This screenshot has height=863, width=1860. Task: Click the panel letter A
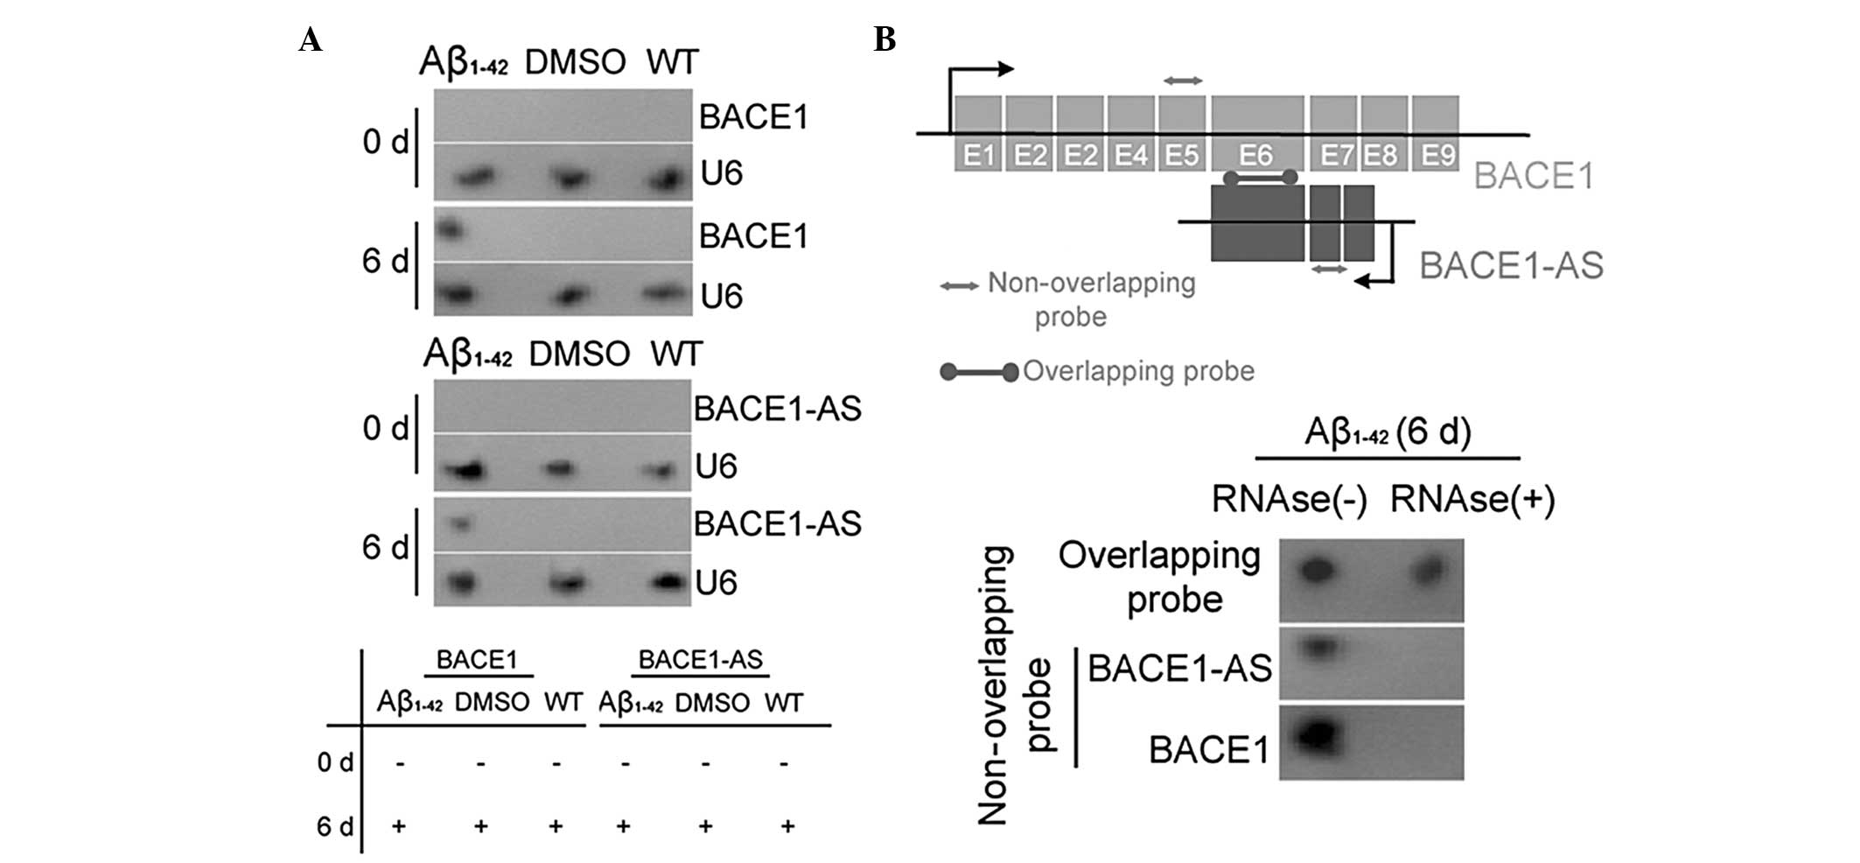pos(310,39)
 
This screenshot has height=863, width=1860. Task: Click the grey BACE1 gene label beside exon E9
pos(1533,176)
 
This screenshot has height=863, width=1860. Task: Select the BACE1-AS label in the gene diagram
pos(1511,265)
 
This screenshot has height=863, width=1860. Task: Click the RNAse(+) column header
pos(1472,500)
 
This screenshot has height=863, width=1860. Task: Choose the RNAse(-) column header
pos(1289,500)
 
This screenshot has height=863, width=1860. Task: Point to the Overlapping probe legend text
pos(1138,371)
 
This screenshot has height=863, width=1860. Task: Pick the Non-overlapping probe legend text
pos(1090,298)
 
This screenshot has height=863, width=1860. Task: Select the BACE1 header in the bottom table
pos(477,660)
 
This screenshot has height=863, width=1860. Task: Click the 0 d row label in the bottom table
pos(335,763)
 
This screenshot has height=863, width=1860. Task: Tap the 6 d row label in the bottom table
pos(335,826)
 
